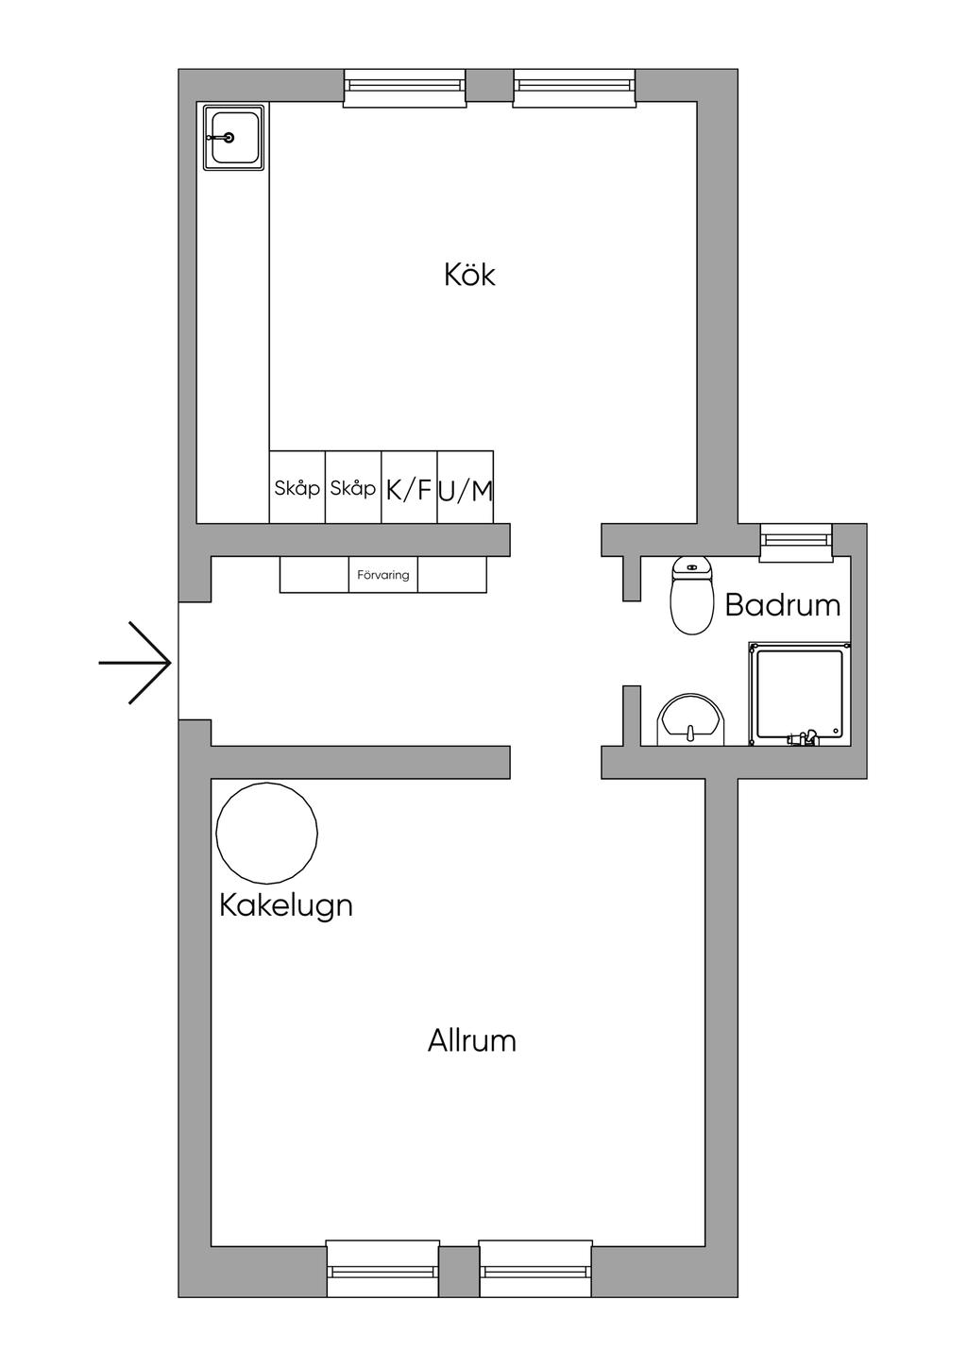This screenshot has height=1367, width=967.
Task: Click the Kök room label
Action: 469,275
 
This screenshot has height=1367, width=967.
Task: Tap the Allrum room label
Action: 472,1040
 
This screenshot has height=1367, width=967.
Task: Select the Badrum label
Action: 783,605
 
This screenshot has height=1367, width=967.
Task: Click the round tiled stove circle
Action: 267,833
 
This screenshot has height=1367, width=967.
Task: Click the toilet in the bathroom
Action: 691,596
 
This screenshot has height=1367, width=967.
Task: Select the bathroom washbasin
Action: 690,720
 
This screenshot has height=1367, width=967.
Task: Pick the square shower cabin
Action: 799,694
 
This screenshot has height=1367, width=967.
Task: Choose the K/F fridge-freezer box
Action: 409,487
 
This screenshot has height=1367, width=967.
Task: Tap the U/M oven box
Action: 466,487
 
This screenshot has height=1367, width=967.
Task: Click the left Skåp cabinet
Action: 297,487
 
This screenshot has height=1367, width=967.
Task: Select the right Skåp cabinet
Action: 353,487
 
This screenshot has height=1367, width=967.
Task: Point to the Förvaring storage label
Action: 383,575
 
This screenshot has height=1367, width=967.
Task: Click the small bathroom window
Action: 796,542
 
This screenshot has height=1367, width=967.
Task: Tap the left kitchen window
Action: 404,88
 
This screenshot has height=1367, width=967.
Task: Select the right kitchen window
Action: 574,88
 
